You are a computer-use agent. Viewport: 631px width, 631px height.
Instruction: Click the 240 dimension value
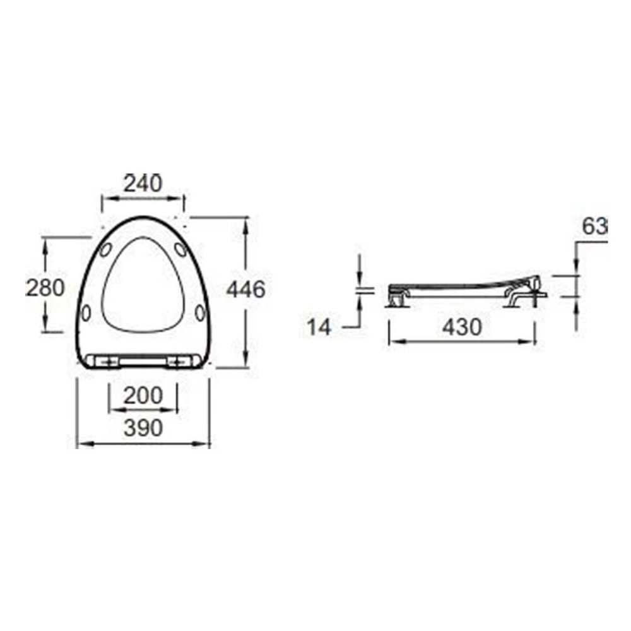pyautogui.click(x=143, y=184)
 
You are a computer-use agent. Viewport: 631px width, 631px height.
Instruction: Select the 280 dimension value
pyautogui.click(x=45, y=288)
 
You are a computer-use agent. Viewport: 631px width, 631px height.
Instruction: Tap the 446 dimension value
pyautogui.click(x=246, y=289)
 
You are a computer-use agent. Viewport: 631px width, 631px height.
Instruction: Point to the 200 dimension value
pyautogui.click(x=143, y=396)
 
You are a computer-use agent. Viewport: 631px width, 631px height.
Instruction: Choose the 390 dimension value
pyautogui.click(x=143, y=428)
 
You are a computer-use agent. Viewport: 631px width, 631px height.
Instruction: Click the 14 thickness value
pyautogui.click(x=319, y=327)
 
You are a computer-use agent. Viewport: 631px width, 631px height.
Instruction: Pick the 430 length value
pyautogui.click(x=462, y=327)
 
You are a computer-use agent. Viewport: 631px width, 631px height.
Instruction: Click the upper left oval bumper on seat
pyautogui.click(x=106, y=249)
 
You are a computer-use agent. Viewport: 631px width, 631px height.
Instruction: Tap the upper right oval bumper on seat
pyautogui.click(x=180, y=249)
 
